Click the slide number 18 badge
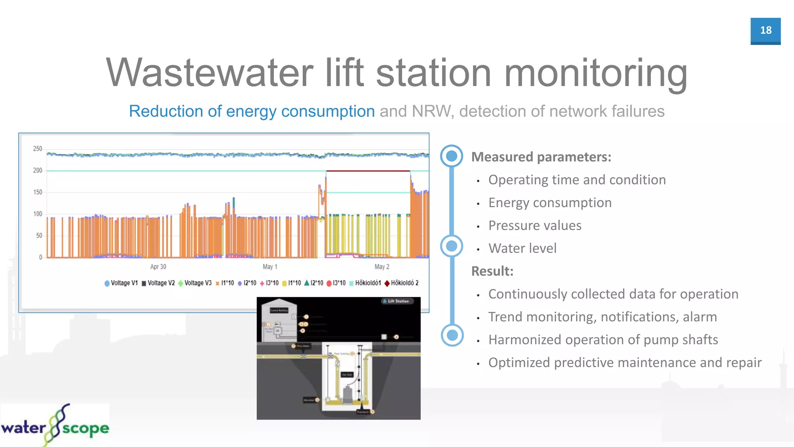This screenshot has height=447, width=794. pos(765,31)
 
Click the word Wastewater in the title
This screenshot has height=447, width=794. pos(209,73)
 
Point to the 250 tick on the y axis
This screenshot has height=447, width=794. pos(38,149)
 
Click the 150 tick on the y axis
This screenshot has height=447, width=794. pos(38,192)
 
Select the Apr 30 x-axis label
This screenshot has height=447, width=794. pos(158,267)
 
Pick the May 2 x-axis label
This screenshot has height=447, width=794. pos(382,267)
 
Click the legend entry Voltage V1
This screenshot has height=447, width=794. pos(121,283)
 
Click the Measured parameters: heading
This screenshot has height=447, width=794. pos(541,157)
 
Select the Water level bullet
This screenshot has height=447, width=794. pos(522,248)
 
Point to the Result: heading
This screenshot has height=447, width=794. pos(492,271)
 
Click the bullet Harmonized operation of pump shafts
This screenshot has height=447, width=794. pos(603,340)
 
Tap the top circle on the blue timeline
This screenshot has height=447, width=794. pos(452,156)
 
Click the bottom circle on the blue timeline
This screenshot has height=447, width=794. pos(452,335)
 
